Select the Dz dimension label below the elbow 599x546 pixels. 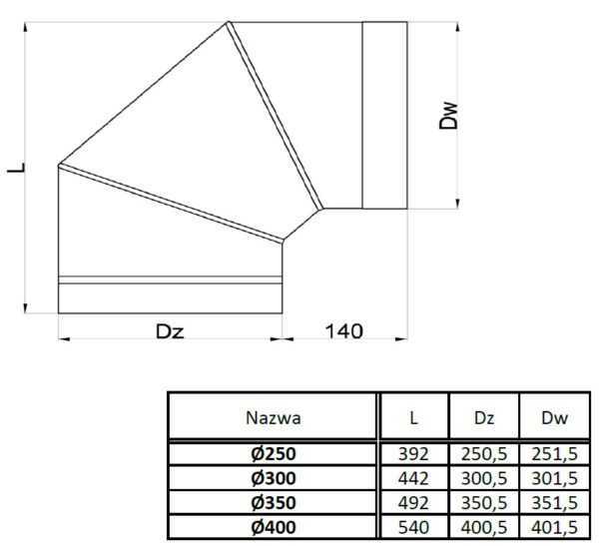pyautogui.click(x=173, y=330)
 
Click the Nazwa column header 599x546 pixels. pyautogui.click(x=273, y=417)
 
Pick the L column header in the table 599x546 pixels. pyautogui.click(x=413, y=417)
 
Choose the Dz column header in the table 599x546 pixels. pyautogui.click(x=483, y=417)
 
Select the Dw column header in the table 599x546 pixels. pyautogui.click(x=552, y=417)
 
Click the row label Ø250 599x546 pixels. pyautogui.click(x=273, y=453)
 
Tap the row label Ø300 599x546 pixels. pyautogui.click(x=273, y=477)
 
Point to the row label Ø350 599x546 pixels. pyautogui.click(x=273, y=501)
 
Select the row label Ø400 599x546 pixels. pyautogui.click(x=273, y=525)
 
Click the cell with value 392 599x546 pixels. pyautogui.click(x=413, y=453)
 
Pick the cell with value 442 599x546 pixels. pyautogui.click(x=413, y=477)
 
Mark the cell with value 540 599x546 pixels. pyautogui.click(x=413, y=525)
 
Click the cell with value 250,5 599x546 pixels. pyautogui.click(x=483, y=453)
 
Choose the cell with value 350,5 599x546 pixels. pyautogui.click(x=483, y=501)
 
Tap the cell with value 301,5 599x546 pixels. pyautogui.click(x=552, y=477)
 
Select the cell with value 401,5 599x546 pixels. pyautogui.click(x=552, y=525)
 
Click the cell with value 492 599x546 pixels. pyautogui.click(x=413, y=501)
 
